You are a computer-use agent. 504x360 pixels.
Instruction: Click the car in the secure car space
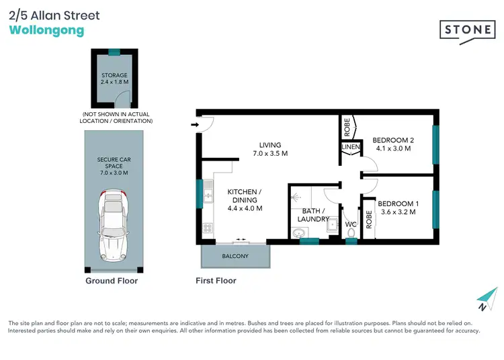[114, 225]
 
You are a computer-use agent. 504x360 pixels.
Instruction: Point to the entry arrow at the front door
[196, 125]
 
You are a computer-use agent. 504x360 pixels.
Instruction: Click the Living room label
[270, 149]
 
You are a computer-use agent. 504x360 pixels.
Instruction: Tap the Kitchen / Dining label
[244, 199]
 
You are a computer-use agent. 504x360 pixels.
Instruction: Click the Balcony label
[235, 257]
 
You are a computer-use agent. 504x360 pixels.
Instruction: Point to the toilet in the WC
[350, 233]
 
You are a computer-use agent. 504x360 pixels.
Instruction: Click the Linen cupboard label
[351, 147]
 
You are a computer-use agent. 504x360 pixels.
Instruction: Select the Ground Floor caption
[112, 281]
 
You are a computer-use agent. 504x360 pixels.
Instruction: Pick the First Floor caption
[216, 281]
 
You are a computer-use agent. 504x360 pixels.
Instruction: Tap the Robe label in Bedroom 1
[369, 220]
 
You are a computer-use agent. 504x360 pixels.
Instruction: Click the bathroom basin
[298, 233]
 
